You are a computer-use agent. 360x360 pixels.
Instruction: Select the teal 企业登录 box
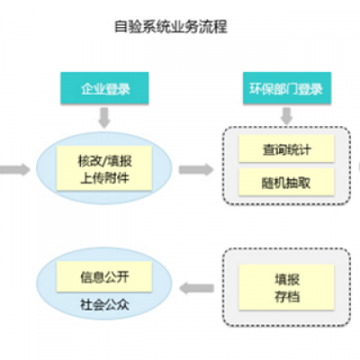point(105,88)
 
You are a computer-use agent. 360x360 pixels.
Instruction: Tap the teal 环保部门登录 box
point(285,88)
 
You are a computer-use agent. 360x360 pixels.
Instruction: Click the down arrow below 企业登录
point(105,117)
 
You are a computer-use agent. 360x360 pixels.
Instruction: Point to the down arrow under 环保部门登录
point(285,117)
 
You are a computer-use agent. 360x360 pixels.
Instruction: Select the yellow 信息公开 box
point(92,273)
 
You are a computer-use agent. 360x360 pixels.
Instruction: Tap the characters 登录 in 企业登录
point(118,88)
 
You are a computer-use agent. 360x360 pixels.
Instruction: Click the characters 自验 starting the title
point(129,27)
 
